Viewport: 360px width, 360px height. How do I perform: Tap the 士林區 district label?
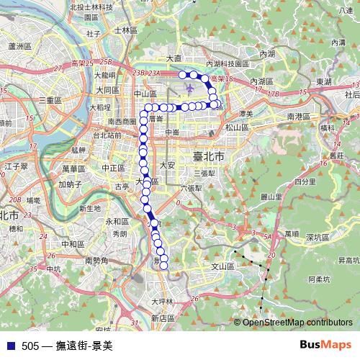125,30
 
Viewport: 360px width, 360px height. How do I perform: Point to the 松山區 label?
236,127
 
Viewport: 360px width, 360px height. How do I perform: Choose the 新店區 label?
163,318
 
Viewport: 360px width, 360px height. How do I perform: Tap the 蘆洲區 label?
21,45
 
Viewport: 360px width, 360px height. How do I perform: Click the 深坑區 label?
317,237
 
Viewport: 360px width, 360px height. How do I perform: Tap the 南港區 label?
298,116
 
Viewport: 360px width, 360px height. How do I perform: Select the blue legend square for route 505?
10,345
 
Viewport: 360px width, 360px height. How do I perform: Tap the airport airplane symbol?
189,89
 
